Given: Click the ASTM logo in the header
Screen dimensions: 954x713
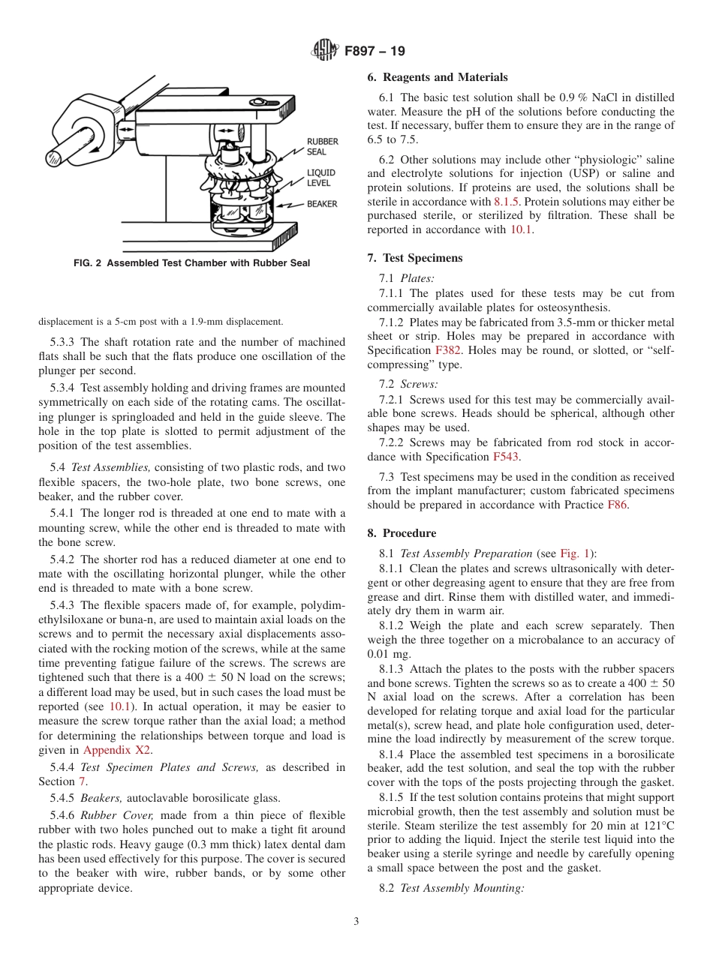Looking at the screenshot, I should point(325,52).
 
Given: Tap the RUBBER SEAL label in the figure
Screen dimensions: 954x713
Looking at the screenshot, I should point(322,146).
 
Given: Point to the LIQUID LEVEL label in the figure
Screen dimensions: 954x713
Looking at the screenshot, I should point(321,178).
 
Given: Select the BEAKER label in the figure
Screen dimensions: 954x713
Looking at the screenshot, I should point(322,204).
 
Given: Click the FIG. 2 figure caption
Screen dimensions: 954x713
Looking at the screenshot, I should point(191,263).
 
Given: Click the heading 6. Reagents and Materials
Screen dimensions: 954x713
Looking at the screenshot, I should point(438,77).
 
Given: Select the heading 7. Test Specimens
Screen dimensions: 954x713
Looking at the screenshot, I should point(415,258).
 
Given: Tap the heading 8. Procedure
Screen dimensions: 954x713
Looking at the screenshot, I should point(402,533).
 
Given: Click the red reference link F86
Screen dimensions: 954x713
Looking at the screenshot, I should point(617,505).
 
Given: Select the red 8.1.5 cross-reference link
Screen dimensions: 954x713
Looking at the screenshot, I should point(507,202).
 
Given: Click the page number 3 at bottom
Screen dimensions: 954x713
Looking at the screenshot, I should point(356,921).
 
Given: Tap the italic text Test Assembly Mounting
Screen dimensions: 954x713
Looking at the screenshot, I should point(462,888).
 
